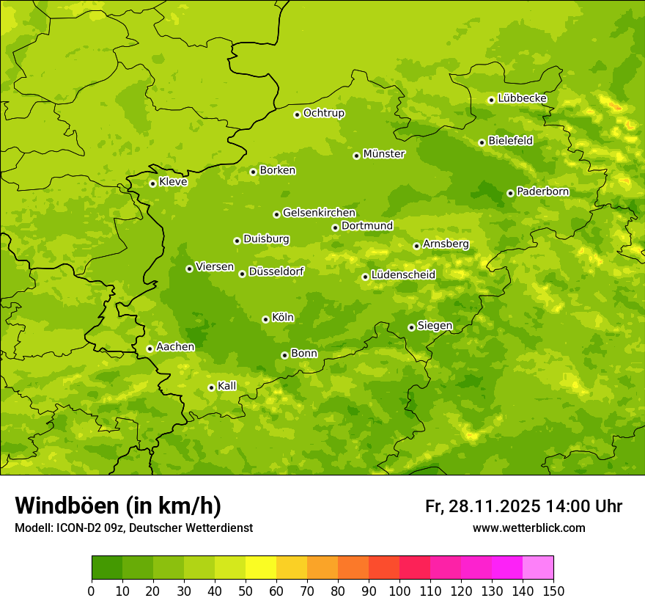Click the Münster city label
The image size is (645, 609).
click(x=383, y=154)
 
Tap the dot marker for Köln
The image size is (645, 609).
click(x=265, y=319)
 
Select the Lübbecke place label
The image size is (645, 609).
click(x=522, y=98)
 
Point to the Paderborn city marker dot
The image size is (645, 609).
click(x=510, y=193)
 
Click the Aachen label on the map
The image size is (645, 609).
click(x=175, y=347)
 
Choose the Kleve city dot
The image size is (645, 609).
click(x=152, y=183)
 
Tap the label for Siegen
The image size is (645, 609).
click(x=435, y=326)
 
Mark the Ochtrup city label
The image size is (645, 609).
click(x=323, y=113)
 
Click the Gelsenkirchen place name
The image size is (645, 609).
click(x=319, y=213)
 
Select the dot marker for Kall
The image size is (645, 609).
click(x=211, y=387)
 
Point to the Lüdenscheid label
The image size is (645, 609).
click(x=403, y=275)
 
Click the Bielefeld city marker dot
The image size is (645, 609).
click(x=482, y=142)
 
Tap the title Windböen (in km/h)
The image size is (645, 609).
click(x=118, y=506)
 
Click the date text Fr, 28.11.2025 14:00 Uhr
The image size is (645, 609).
click(x=523, y=506)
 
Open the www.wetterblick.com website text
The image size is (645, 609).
click(x=528, y=528)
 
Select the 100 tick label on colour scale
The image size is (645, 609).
click(x=399, y=591)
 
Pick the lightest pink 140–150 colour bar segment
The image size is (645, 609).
click(x=538, y=568)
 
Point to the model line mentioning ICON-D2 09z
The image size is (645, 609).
click(x=133, y=528)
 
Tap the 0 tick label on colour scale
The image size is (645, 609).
click(x=92, y=591)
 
